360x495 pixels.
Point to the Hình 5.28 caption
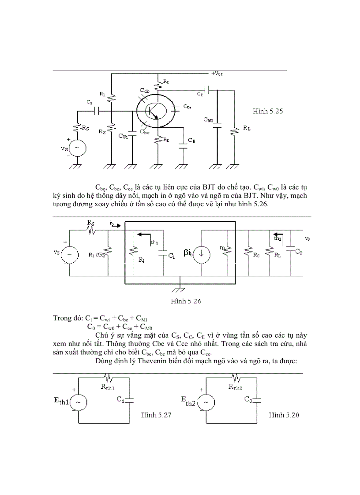tap(284, 415)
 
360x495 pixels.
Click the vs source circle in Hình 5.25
tap(77, 148)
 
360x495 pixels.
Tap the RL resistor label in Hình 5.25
tap(247, 128)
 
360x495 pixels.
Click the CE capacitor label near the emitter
tap(191, 140)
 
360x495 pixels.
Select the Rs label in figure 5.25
tap(86, 128)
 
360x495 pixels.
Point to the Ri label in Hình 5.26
tap(141, 261)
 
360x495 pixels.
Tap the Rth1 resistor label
tap(108, 387)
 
